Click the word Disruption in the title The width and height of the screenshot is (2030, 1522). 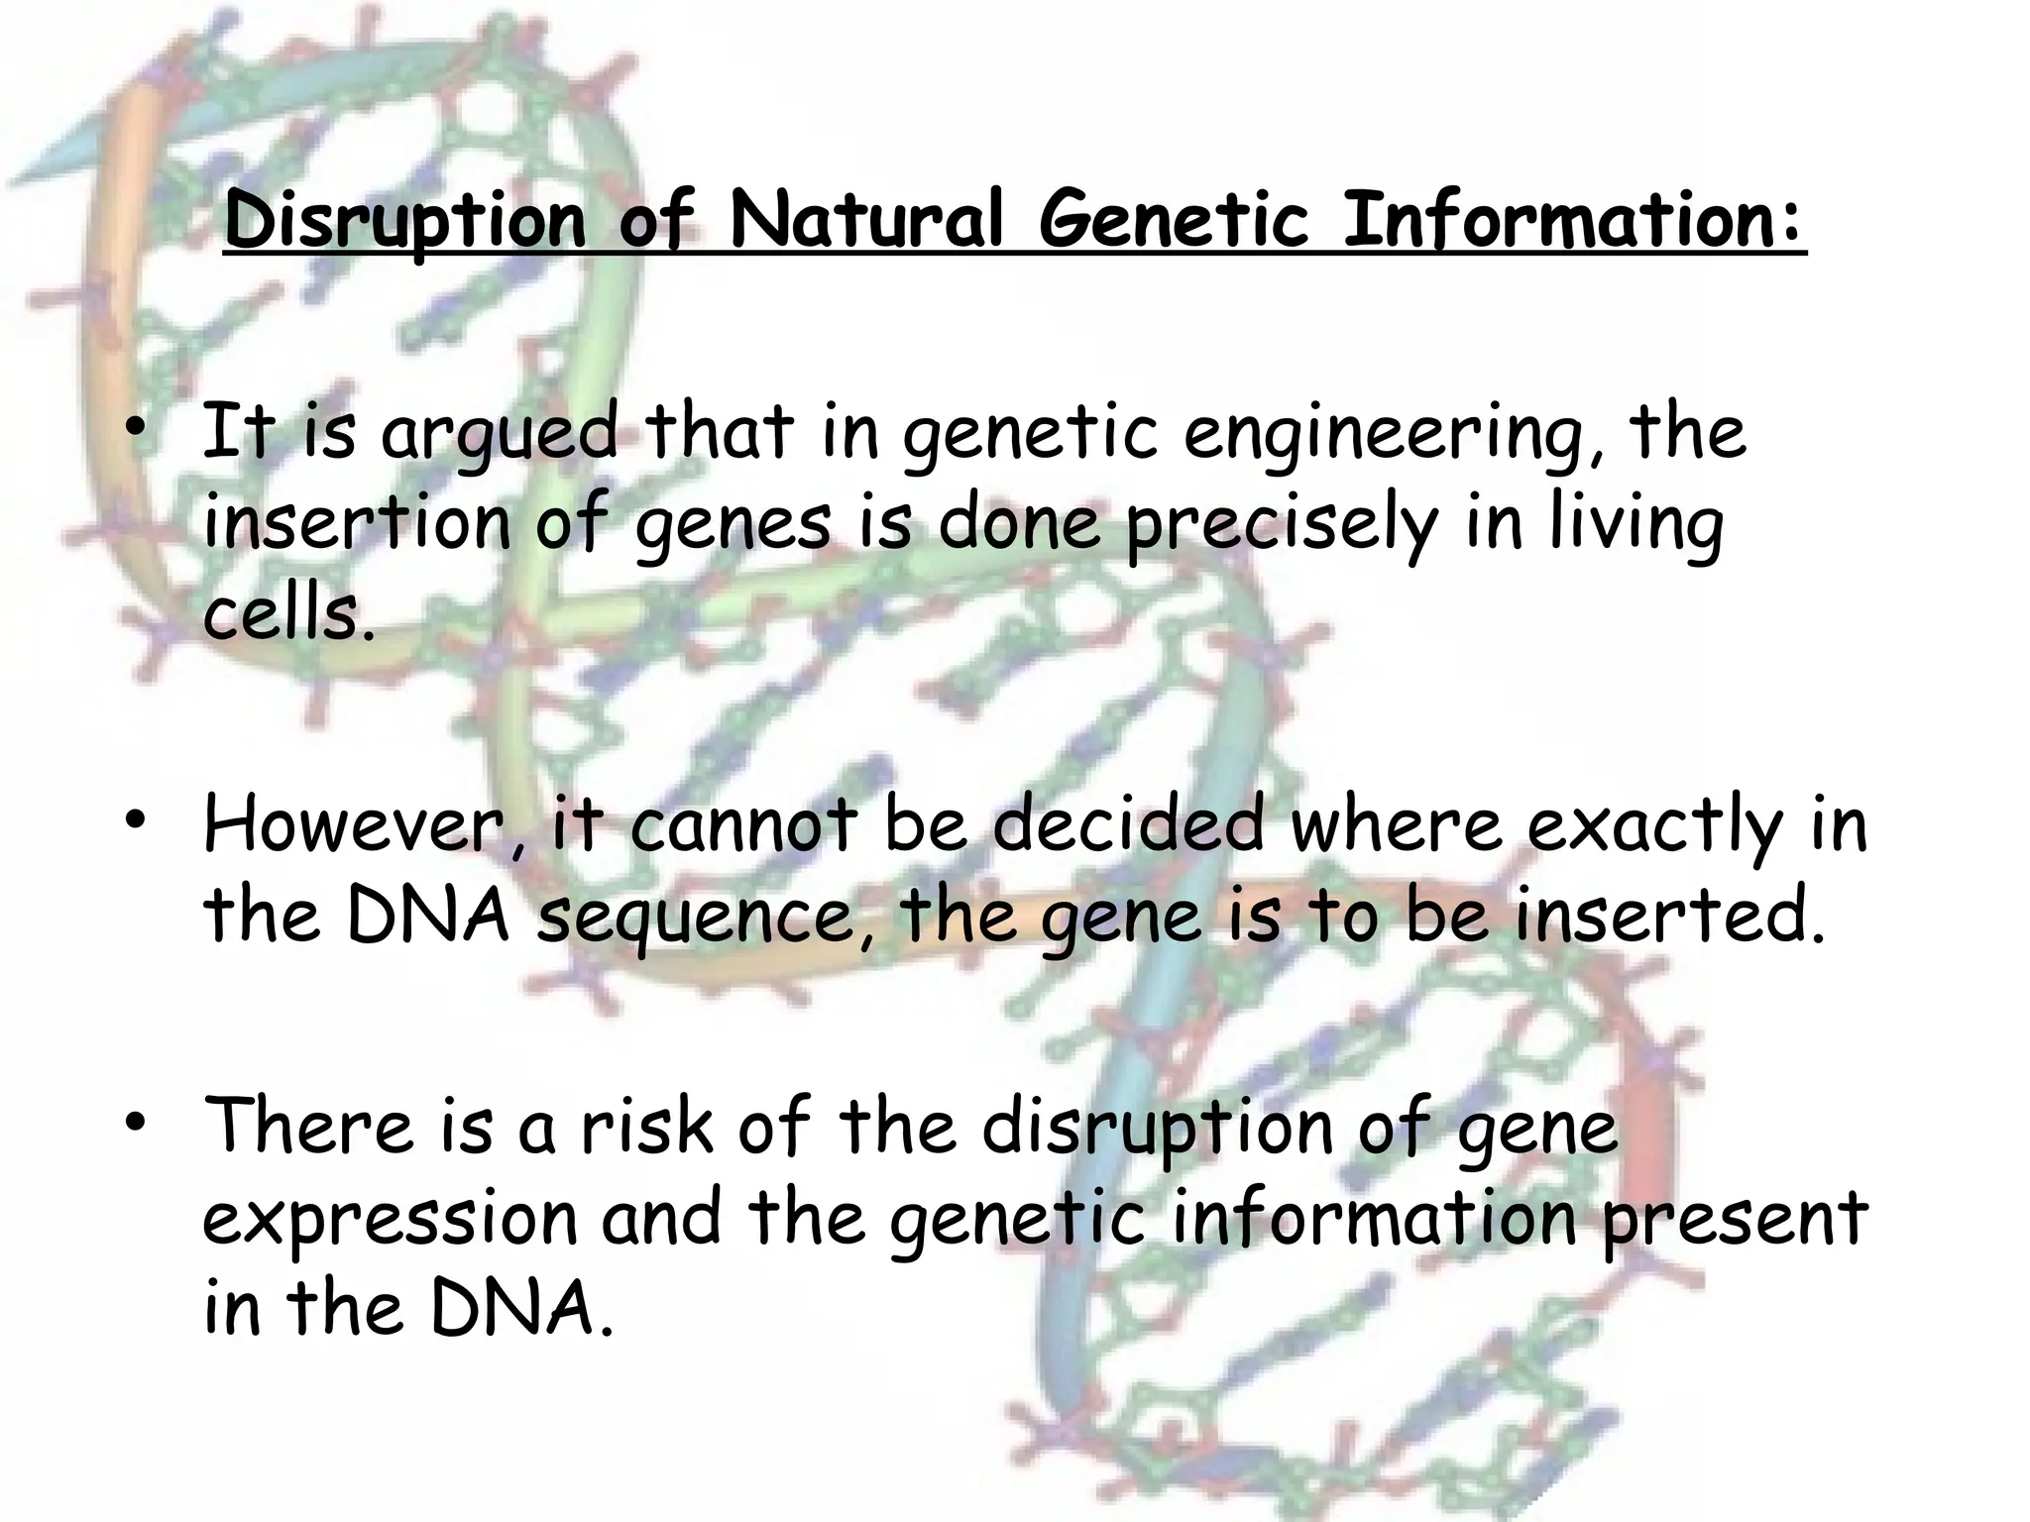[x=406, y=220]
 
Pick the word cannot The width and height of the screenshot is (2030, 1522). [x=743, y=825]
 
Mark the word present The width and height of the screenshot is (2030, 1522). [x=1735, y=1219]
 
